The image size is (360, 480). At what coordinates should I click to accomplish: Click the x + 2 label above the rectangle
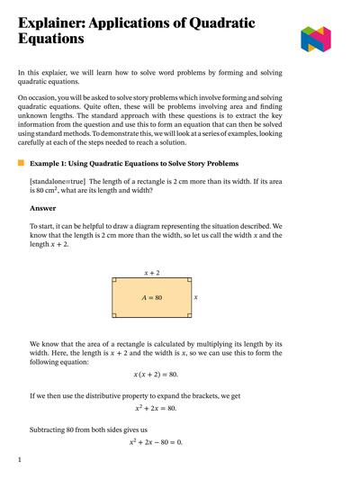click(152, 272)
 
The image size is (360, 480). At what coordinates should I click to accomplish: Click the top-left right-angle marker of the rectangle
click(115, 281)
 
